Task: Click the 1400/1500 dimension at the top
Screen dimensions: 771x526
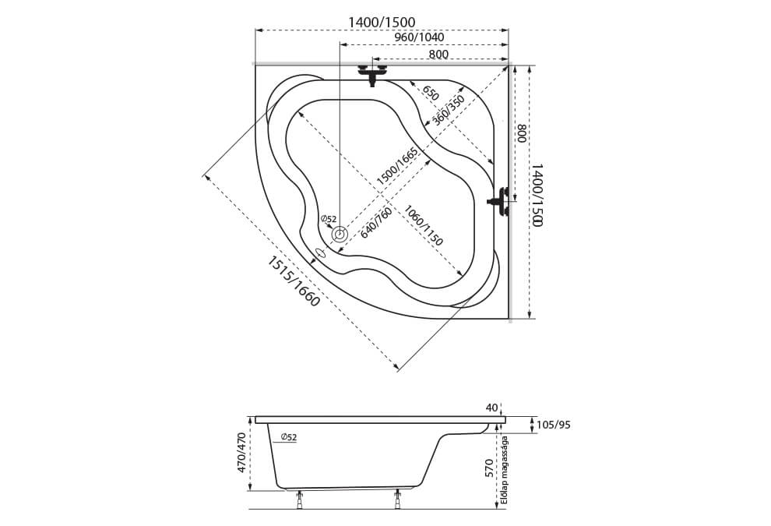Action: [x=382, y=22]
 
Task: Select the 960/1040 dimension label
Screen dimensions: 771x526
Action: [x=420, y=37]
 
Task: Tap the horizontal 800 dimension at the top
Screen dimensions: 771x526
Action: [x=438, y=54]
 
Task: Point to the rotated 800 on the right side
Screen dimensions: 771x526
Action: [x=523, y=132]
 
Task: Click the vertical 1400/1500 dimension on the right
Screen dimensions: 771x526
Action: [x=537, y=196]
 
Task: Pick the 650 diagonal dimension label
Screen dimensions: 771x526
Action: [x=430, y=93]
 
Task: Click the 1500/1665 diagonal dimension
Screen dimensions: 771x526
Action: [x=397, y=166]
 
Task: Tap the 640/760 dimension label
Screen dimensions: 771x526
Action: [x=375, y=223]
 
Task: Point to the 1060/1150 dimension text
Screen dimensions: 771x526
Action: [x=424, y=225]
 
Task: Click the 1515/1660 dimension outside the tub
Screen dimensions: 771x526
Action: [x=294, y=281]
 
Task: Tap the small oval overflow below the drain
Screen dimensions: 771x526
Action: [x=321, y=253]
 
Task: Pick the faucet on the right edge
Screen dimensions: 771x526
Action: [x=499, y=201]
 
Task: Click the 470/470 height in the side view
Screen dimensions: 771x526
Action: [x=241, y=453]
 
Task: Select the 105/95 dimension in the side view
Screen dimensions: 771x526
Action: [x=555, y=425]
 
